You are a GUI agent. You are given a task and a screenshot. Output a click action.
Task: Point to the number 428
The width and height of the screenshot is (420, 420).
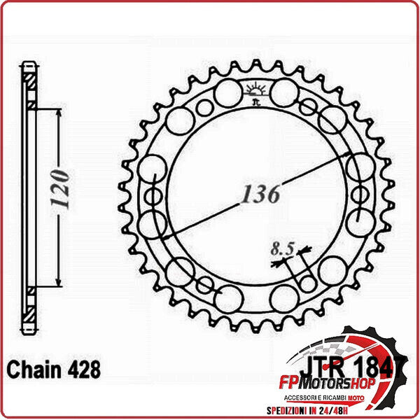(x=81, y=368)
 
